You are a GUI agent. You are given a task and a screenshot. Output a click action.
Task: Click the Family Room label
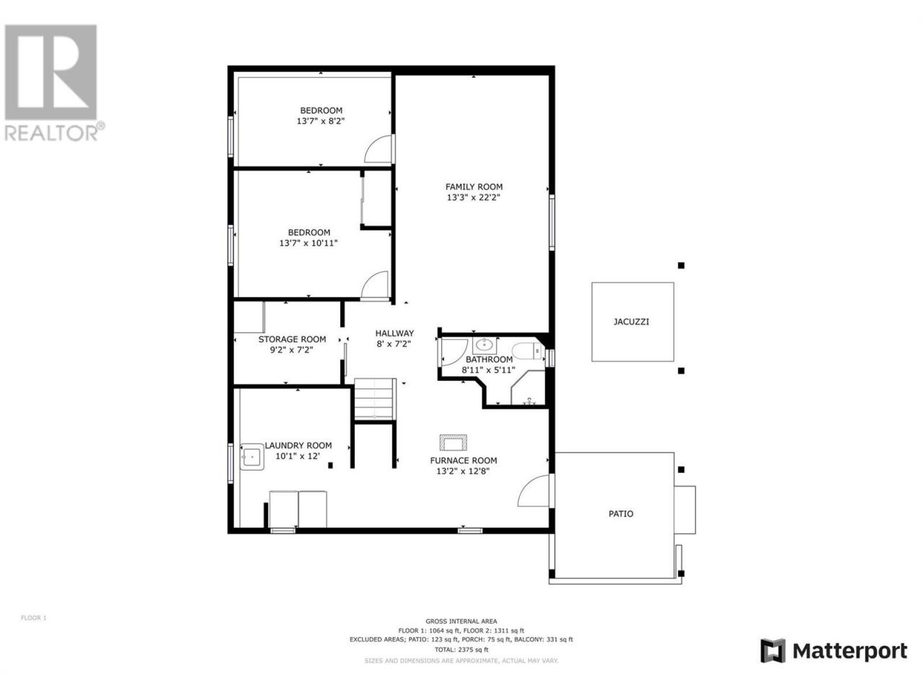[474, 187]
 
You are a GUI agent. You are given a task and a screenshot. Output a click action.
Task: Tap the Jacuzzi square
[632, 321]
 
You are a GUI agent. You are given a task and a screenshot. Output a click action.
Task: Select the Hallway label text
[394, 333]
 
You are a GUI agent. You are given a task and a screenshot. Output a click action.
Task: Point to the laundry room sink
[252, 456]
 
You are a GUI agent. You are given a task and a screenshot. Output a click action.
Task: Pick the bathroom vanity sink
[485, 345]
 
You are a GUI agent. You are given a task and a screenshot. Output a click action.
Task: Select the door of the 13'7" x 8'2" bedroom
[378, 148]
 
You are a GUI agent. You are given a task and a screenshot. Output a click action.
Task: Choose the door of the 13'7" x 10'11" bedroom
[374, 285]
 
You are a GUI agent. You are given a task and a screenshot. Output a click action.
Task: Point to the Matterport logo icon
[772, 651]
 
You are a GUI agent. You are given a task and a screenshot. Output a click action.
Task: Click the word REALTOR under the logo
[50, 133]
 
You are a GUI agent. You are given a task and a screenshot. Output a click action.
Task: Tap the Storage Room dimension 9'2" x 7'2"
[291, 350]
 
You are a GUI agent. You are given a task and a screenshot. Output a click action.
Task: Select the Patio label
[621, 513]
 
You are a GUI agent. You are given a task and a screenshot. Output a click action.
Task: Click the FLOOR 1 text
[34, 618]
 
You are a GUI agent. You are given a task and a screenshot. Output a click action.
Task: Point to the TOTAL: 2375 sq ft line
[461, 649]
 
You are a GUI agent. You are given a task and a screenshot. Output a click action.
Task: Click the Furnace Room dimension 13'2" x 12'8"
[462, 471]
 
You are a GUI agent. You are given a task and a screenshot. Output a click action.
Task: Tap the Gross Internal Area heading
[461, 621]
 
